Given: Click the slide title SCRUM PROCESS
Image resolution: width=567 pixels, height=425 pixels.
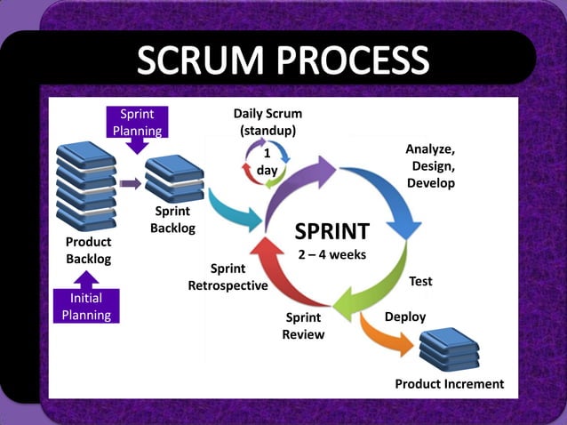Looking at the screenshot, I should coord(283,60).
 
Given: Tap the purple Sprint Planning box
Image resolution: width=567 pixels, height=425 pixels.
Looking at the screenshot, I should coord(137,123).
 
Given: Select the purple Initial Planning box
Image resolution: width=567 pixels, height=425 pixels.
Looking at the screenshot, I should coord(86,306).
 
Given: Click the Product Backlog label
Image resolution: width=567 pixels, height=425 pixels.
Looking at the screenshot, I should coord(88,250).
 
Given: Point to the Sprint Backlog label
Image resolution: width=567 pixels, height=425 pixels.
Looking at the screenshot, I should coord(172,220).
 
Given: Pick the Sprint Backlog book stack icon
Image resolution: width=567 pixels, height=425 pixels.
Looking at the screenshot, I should coord(173,178).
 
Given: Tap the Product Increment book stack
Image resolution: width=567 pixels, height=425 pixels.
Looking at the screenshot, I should coord(448,349).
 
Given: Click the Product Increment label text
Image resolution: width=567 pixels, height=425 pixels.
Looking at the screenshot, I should coord(449,384).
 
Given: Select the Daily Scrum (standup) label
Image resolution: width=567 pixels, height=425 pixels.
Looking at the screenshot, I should coord(268,122).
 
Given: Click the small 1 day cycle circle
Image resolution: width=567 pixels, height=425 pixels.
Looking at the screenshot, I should coord(266,163).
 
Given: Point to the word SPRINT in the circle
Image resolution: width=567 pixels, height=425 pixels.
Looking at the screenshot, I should coord(331,232).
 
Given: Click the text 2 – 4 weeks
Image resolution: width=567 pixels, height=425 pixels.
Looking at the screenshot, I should coord(331,254).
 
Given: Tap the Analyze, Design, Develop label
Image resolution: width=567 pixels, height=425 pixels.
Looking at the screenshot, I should coord(431,165).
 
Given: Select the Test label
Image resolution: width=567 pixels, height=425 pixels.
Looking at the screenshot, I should coord(420,281).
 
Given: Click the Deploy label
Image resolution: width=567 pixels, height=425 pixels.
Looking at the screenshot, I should coord(404,317).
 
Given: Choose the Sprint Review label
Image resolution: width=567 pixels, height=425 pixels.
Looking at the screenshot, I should coord(303,326).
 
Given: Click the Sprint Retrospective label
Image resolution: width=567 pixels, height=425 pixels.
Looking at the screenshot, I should coord(228,277).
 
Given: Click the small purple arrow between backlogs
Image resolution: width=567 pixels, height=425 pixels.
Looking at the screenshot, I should coord(130,183).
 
